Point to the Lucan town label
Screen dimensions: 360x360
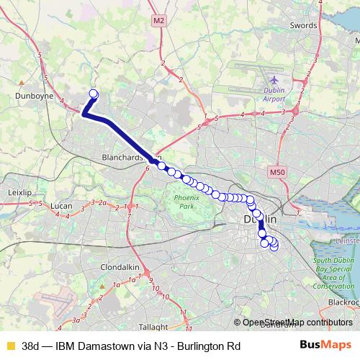[63, 207]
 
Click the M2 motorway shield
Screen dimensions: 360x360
[158, 22]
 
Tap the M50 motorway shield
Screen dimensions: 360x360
[278, 173]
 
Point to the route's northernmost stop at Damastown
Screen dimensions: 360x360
[93, 93]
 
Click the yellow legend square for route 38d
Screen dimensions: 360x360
[10, 346]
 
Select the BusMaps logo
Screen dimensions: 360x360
[325, 345]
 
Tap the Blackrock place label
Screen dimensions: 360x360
[343, 303]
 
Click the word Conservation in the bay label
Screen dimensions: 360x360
[333, 286]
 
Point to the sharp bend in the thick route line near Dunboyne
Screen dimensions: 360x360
[84, 114]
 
